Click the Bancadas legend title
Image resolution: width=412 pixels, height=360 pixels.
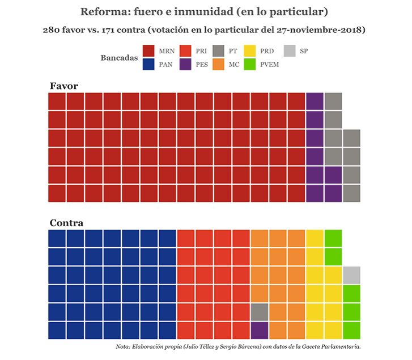pyautogui.click(x=119, y=58)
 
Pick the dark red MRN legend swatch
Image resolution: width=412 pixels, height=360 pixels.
pyautogui.click(x=149, y=51)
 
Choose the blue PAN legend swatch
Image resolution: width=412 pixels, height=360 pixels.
pyautogui.click(x=149, y=64)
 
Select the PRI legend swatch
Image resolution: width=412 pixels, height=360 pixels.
pyautogui.click(x=185, y=51)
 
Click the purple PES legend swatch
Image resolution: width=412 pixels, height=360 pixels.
pyautogui.click(x=185, y=64)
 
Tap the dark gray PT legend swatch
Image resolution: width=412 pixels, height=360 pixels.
pyautogui.click(x=219, y=51)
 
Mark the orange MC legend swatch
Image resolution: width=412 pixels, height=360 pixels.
pyautogui.click(x=219, y=64)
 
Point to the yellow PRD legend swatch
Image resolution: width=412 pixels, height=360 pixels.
pyautogui.click(x=250, y=51)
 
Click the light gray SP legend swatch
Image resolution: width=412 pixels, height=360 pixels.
pyautogui.click(x=289, y=51)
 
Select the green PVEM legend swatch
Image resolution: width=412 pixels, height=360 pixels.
pyautogui.click(x=250, y=64)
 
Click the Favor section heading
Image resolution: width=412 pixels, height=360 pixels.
pyautogui.click(x=63, y=86)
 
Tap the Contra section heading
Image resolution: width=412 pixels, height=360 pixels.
pyautogui.click(x=66, y=223)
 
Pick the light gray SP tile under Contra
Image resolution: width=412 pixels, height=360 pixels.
pyautogui.click(x=351, y=275)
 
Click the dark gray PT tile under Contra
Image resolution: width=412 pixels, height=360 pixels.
pyautogui.click(x=259, y=312)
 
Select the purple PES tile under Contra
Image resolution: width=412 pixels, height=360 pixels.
pyautogui.click(x=259, y=330)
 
